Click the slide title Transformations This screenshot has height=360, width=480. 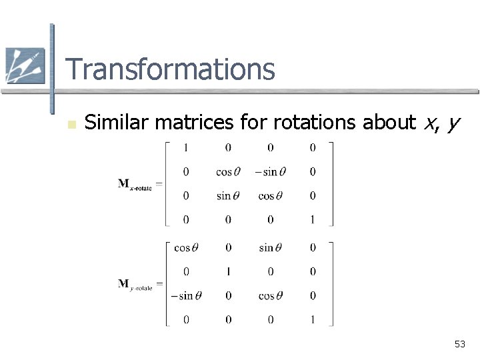(170, 69)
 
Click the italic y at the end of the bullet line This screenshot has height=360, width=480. (454, 123)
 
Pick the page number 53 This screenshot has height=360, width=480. (460, 344)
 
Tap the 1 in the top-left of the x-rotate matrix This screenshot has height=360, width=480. (186, 147)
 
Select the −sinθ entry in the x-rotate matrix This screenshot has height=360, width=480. (270, 171)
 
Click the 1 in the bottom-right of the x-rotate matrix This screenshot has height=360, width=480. (313, 219)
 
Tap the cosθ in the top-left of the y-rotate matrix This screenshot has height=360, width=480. (186, 248)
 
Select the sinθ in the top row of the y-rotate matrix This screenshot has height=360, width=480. (270, 248)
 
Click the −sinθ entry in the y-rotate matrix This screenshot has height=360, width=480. (186, 296)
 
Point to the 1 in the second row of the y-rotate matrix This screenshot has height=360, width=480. (228, 272)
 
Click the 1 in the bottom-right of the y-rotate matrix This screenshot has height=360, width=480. (313, 320)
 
